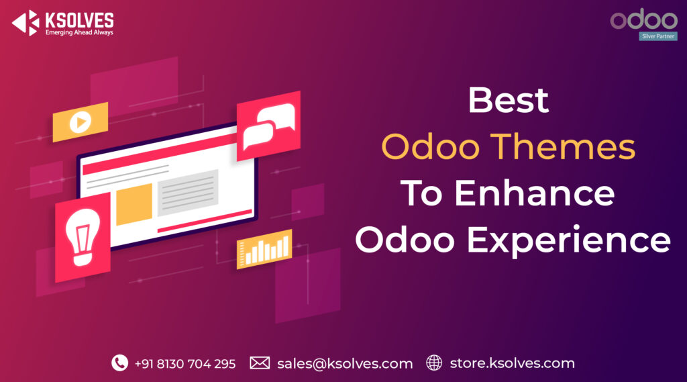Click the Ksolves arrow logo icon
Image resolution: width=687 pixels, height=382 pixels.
click(x=25, y=23)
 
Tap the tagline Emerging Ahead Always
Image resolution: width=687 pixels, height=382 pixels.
click(x=78, y=32)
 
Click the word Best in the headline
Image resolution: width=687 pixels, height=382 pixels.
click(x=508, y=101)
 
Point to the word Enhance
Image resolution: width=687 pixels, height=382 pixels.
click(x=534, y=194)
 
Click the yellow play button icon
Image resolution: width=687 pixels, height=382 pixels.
click(x=81, y=122)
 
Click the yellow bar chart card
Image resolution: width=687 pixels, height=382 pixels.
click(x=264, y=250)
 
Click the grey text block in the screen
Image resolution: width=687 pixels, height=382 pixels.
click(x=188, y=193)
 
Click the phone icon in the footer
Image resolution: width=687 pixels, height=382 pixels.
click(x=119, y=363)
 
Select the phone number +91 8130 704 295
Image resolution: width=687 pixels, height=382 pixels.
click(x=184, y=364)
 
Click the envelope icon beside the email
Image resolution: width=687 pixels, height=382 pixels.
click(x=260, y=363)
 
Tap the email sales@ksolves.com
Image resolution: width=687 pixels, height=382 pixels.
click(x=345, y=364)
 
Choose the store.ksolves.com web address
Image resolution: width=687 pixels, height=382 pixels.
click(x=512, y=363)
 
